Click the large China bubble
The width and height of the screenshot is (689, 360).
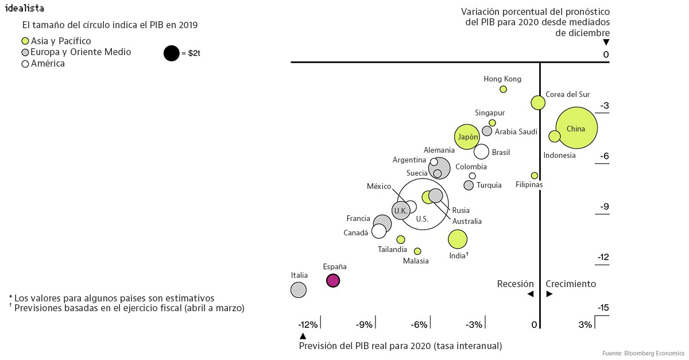click(576, 129)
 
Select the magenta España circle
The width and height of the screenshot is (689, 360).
click(332, 280)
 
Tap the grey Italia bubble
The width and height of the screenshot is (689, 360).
click(298, 289)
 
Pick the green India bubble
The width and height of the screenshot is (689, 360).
click(457, 239)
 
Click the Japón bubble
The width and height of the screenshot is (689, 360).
click(467, 137)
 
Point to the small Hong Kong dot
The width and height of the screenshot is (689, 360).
click(503, 89)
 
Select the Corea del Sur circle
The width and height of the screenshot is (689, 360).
click(537, 103)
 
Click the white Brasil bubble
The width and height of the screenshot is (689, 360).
click(481, 152)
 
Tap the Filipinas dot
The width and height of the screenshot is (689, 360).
click(534, 175)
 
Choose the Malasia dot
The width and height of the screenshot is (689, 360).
click(417, 251)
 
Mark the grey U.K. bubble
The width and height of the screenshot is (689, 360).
click(400, 211)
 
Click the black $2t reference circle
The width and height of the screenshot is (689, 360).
click(171, 53)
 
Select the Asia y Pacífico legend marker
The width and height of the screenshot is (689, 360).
click(25, 41)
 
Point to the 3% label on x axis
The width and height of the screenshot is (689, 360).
click(585, 325)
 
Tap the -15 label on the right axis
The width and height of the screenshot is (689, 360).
click(603, 308)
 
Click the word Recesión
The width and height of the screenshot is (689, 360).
click(515, 284)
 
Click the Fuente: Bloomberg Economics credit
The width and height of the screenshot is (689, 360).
click(643, 352)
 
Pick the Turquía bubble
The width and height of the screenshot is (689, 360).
click(469, 185)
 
